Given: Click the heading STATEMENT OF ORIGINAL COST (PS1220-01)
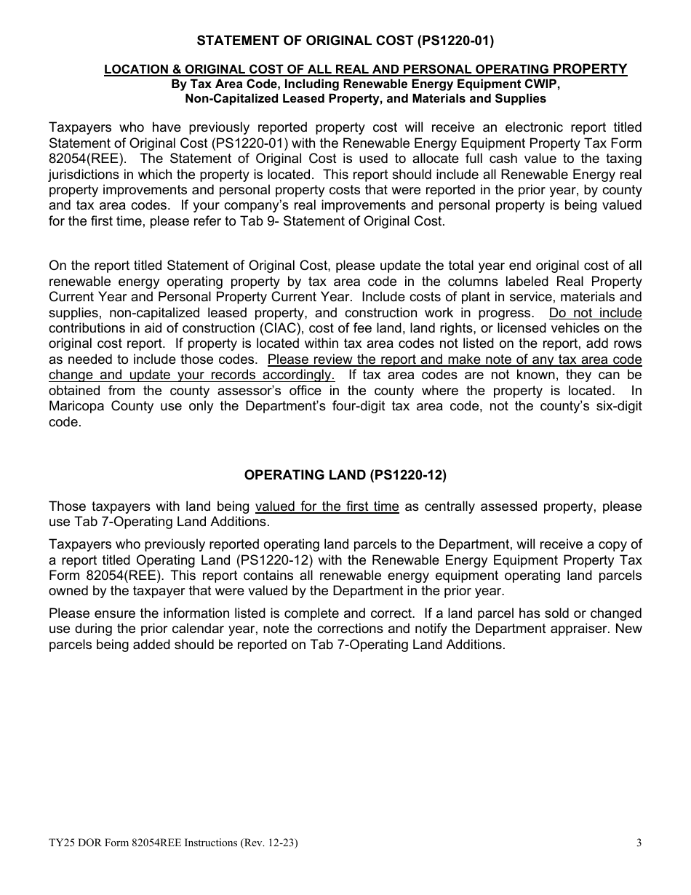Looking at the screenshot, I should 345,41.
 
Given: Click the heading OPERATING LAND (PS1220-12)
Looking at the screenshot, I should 345,475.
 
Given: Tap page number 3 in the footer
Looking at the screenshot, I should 638,844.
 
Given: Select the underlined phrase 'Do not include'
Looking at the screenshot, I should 595,313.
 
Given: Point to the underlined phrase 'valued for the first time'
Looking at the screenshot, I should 327,506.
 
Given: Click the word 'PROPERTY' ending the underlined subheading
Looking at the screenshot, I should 590,69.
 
